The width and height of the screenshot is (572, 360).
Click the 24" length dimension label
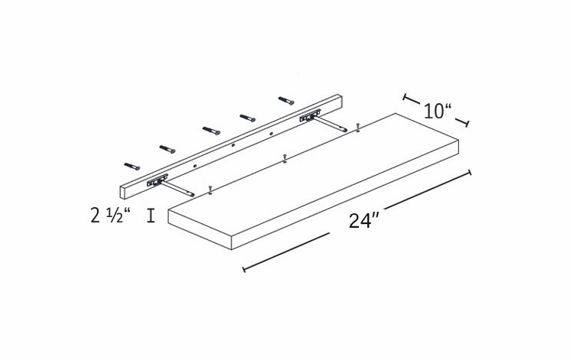click(x=364, y=221)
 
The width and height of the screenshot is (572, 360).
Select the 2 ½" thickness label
click(x=110, y=216)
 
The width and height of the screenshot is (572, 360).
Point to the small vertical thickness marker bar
click(x=151, y=216)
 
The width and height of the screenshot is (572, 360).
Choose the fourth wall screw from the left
click(x=248, y=117)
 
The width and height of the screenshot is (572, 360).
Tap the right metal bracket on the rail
click(x=309, y=117)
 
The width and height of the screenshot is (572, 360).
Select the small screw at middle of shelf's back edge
click(x=284, y=158)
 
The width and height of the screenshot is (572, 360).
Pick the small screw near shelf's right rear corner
click(x=357, y=126)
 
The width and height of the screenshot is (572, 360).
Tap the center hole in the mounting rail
click(x=233, y=144)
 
